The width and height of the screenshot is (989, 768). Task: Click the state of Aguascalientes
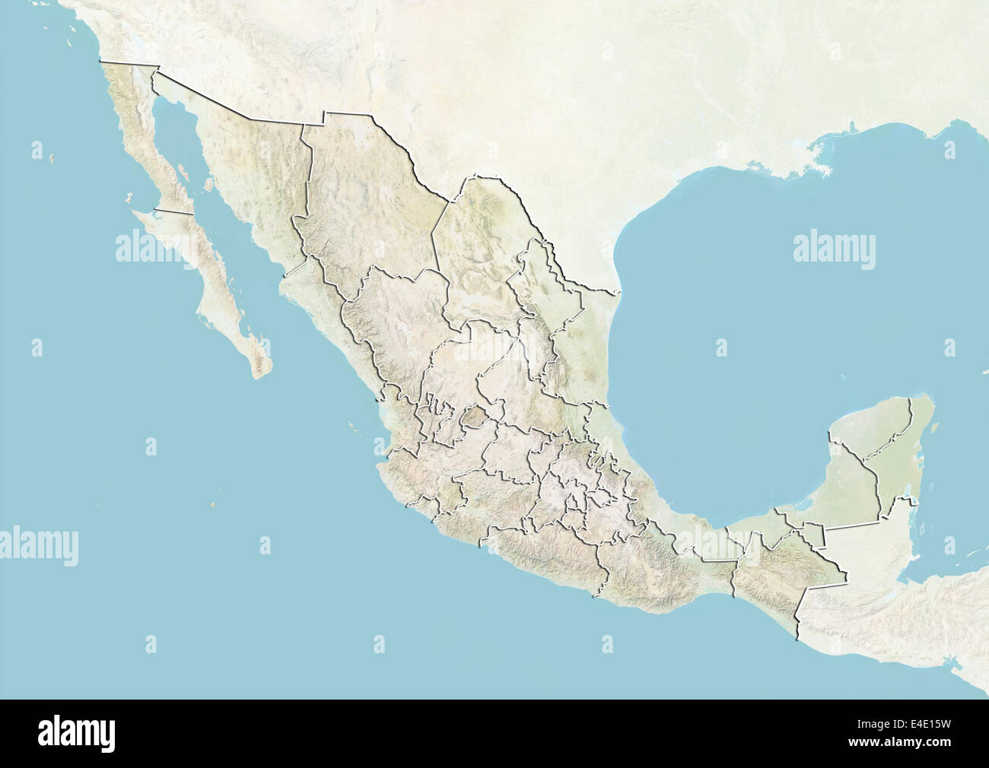click(475, 417)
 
